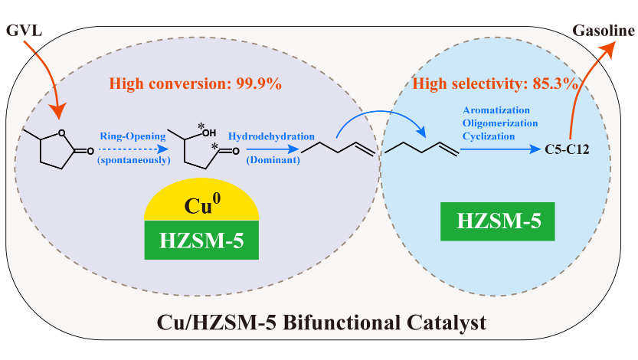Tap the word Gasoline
603,31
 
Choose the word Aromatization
494,110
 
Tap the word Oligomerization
499,123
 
